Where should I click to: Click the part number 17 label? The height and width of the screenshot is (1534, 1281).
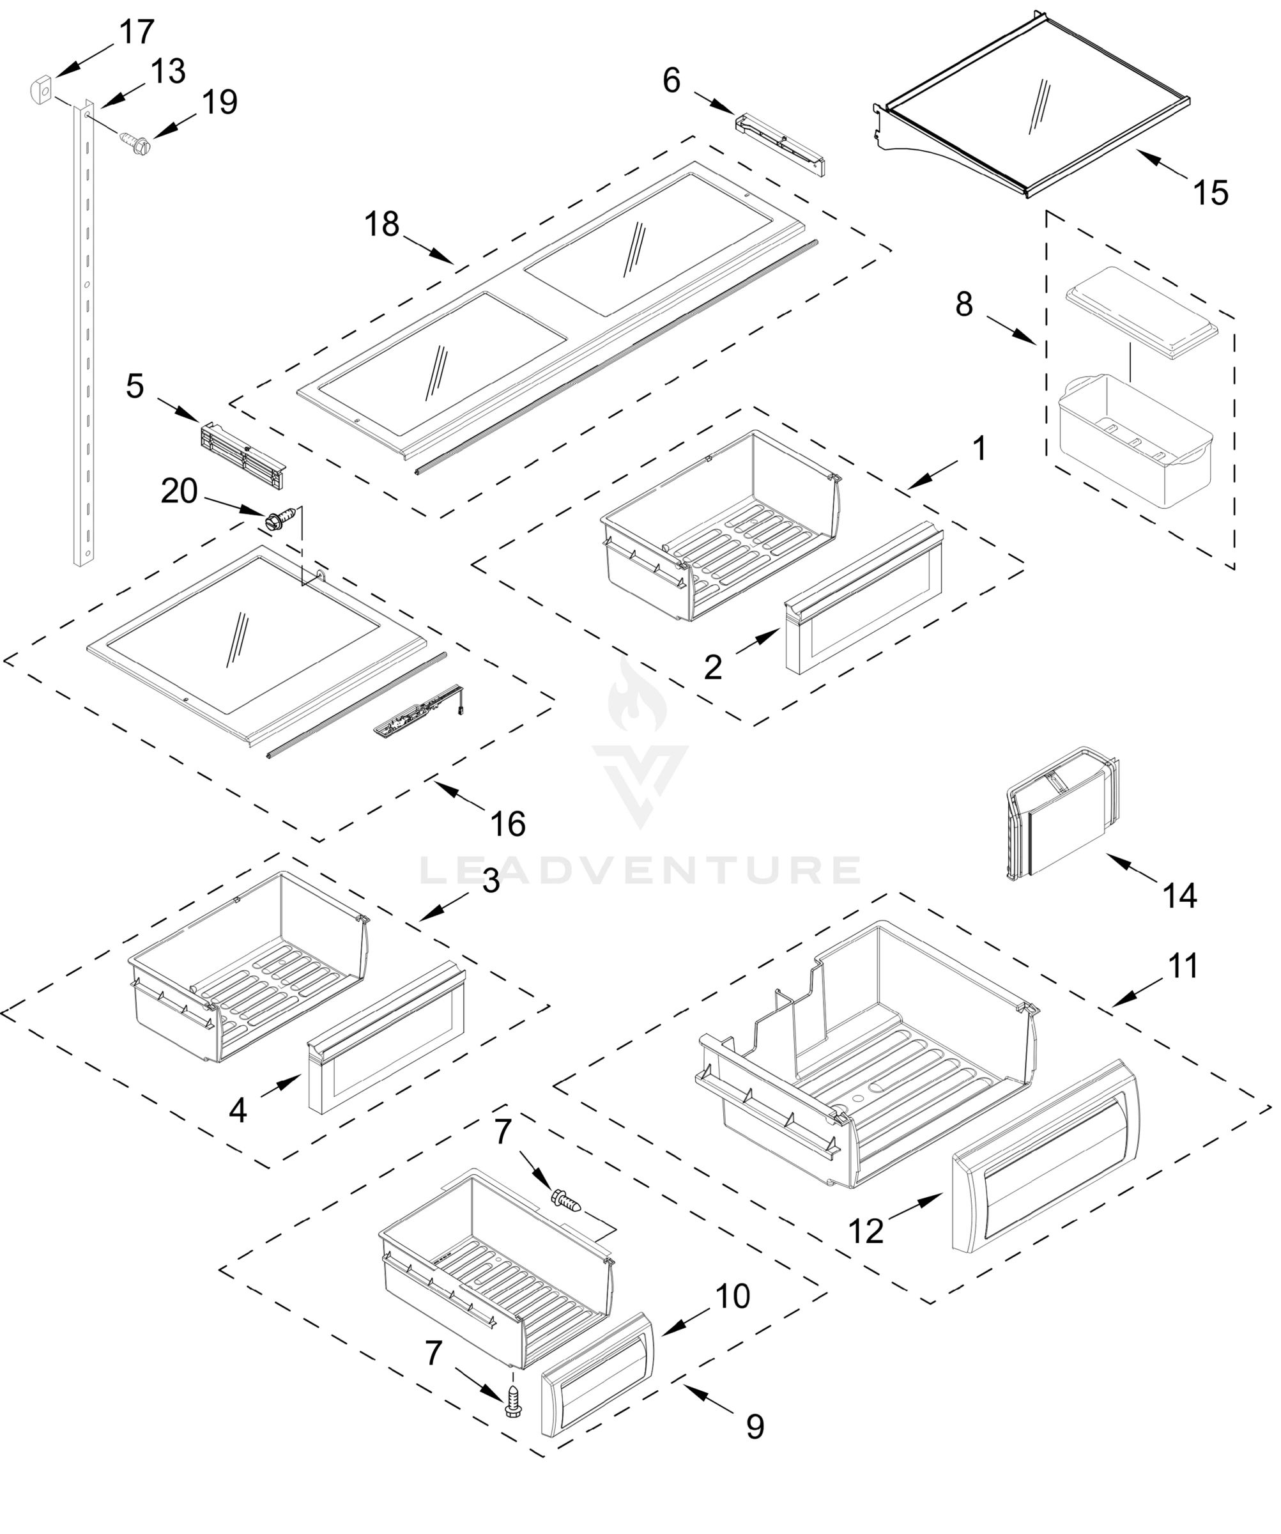[x=137, y=32]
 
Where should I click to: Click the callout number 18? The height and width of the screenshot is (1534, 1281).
[x=381, y=224]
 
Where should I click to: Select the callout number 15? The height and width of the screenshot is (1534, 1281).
[x=1210, y=194]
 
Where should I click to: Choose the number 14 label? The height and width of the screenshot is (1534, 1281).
[x=1179, y=895]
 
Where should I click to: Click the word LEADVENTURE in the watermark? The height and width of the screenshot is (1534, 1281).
[x=640, y=869]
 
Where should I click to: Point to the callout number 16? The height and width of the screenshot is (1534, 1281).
[x=507, y=824]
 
